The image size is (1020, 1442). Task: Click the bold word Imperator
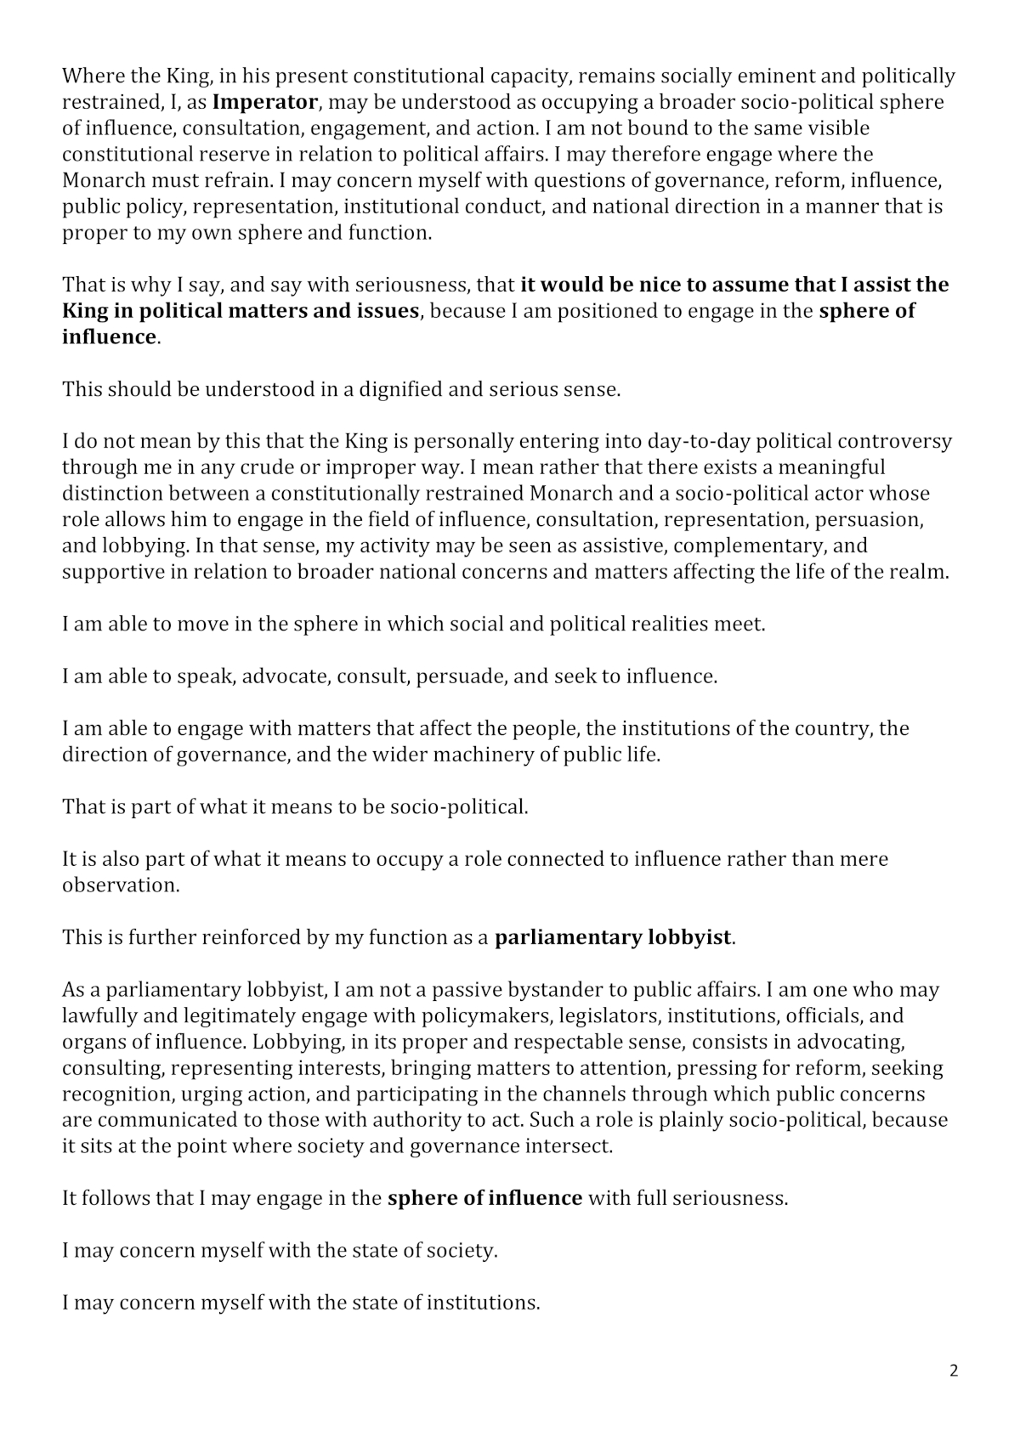click(264, 103)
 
